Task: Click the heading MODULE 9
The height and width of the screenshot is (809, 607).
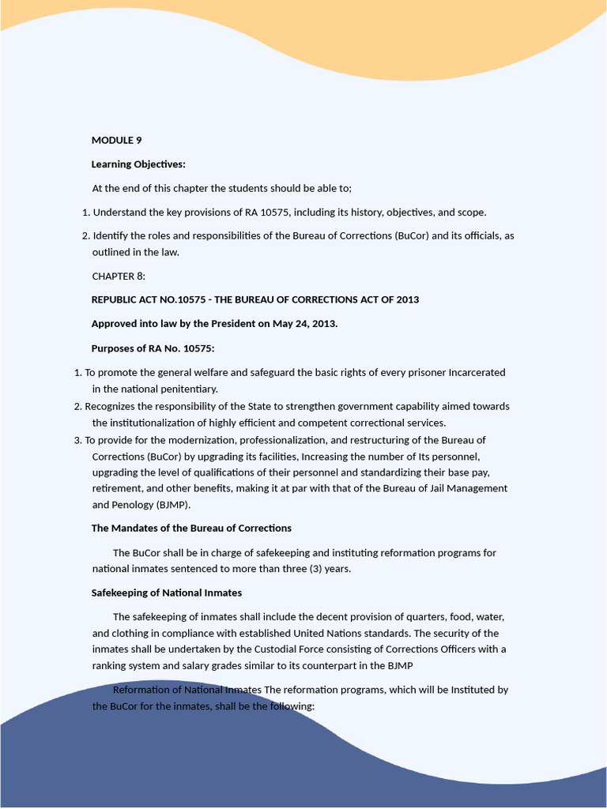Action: point(116,141)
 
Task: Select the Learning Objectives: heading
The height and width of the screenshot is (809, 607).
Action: point(138,164)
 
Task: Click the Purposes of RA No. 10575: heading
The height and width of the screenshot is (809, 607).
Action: point(153,348)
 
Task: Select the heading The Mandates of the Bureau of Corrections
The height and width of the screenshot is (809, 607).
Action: point(191,528)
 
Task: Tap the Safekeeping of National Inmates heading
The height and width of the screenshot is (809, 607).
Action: point(167,593)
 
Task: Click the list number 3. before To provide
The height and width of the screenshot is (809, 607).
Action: point(77,440)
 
